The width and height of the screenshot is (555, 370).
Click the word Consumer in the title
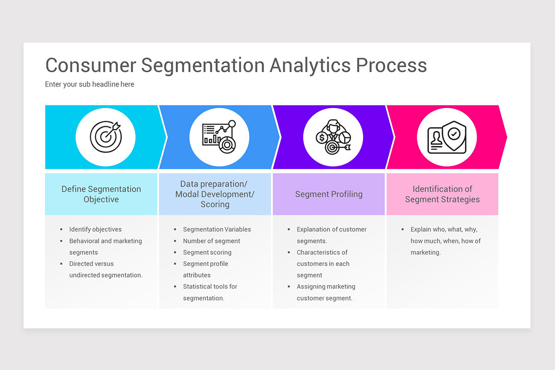pos(90,65)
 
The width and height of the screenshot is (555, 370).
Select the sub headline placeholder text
pos(90,84)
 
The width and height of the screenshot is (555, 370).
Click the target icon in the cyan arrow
pos(105,137)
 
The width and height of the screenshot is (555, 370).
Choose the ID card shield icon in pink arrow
pos(447,137)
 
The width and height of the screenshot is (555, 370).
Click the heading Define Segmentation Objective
pos(101,194)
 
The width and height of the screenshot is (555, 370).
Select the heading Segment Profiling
pos(329,194)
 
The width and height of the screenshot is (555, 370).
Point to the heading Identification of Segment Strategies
pos(442,194)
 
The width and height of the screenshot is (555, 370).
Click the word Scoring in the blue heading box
pos(215,204)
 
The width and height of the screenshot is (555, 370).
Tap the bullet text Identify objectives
pos(95,229)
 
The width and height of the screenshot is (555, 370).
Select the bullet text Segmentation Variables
pos(217,229)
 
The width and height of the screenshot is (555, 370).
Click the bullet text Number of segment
pos(211,241)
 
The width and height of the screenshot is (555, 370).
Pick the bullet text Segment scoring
pos(207,253)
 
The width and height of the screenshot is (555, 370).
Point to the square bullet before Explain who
pos(403,229)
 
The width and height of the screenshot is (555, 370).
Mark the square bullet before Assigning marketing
pos(289,287)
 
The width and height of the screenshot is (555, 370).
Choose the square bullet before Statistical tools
pos(175,287)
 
